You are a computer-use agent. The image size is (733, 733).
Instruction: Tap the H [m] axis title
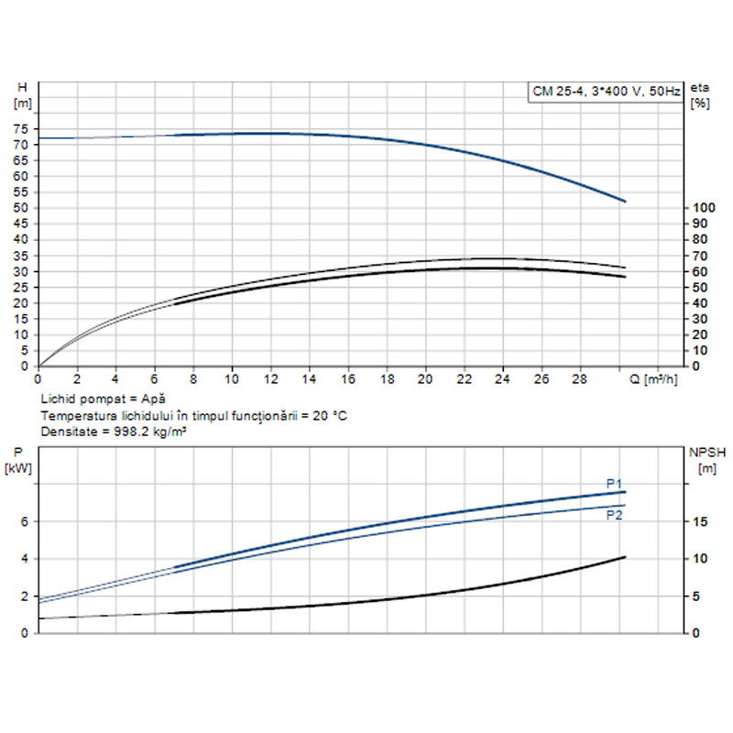[24, 94]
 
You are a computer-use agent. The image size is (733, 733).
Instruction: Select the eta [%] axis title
[701, 94]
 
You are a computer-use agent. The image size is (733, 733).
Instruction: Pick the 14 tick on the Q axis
[309, 377]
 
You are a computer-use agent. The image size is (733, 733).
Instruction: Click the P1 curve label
[614, 483]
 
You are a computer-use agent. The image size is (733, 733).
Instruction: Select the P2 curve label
[614, 515]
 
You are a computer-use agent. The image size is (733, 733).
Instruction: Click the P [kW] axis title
[20, 459]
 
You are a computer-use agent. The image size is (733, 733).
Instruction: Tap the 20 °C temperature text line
[193, 415]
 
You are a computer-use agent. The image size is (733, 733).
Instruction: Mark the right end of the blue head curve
[625, 202]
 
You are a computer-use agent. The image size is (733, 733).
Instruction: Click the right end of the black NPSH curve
[625, 557]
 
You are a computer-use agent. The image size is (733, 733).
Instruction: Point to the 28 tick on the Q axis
[580, 377]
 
